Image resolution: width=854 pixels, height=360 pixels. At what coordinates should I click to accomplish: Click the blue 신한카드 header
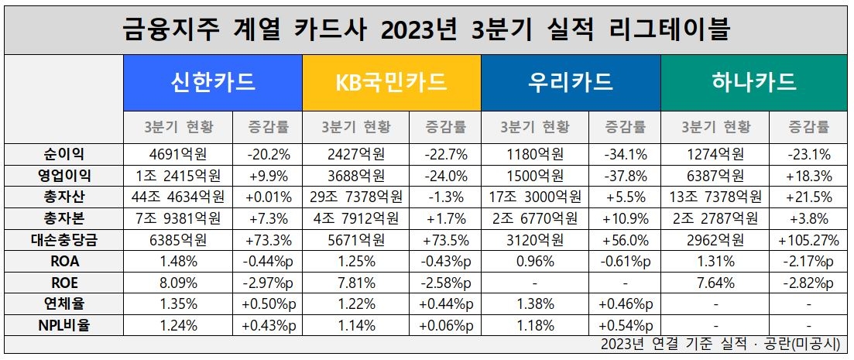click(213, 82)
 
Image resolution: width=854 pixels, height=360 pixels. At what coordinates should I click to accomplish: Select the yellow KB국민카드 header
click(392, 82)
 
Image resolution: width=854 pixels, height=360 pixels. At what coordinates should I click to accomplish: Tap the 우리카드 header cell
click(571, 82)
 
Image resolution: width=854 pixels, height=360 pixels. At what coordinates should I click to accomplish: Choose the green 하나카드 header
click(749, 82)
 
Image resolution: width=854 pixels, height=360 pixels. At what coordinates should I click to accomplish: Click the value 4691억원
click(177, 153)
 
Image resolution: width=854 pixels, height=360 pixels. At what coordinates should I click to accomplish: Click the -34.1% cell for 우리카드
click(625, 153)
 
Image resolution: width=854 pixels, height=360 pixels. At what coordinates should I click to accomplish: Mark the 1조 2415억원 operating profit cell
click(177, 174)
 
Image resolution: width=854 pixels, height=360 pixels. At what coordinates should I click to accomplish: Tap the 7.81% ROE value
click(356, 283)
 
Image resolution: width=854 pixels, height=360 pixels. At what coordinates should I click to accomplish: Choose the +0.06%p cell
click(446, 325)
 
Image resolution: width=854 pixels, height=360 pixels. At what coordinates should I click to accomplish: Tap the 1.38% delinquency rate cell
click(535, 304)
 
